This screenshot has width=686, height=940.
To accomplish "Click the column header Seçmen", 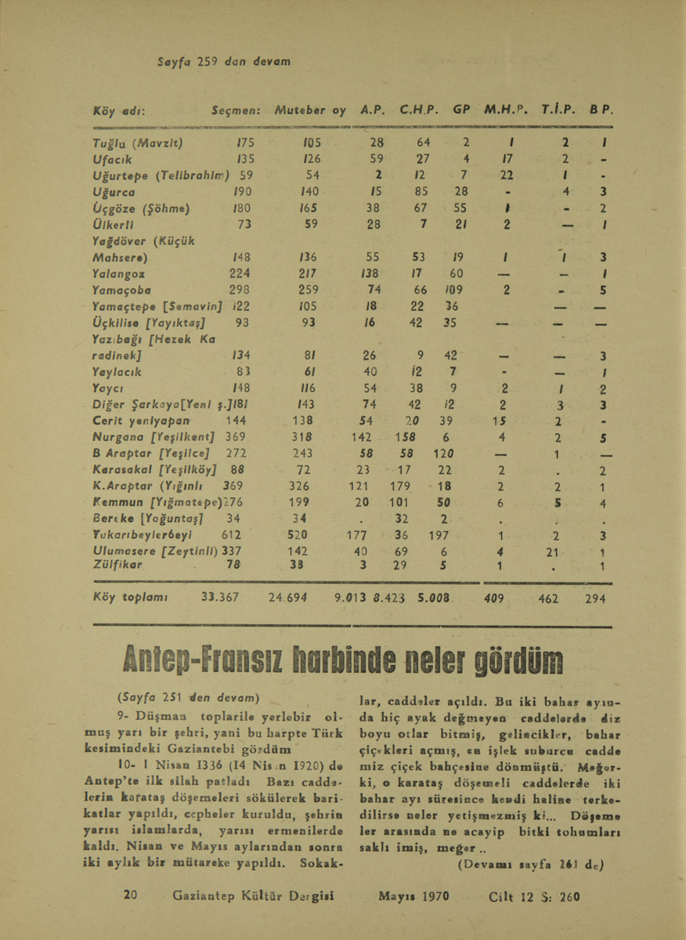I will tap(236, 111).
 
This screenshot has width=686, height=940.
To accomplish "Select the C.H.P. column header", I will tap(417, 111).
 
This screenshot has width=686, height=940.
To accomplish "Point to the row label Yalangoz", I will tap(117, 273).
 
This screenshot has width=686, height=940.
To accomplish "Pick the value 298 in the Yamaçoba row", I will tap(237, 290).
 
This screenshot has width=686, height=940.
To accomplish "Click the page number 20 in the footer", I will tap(132, 895).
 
